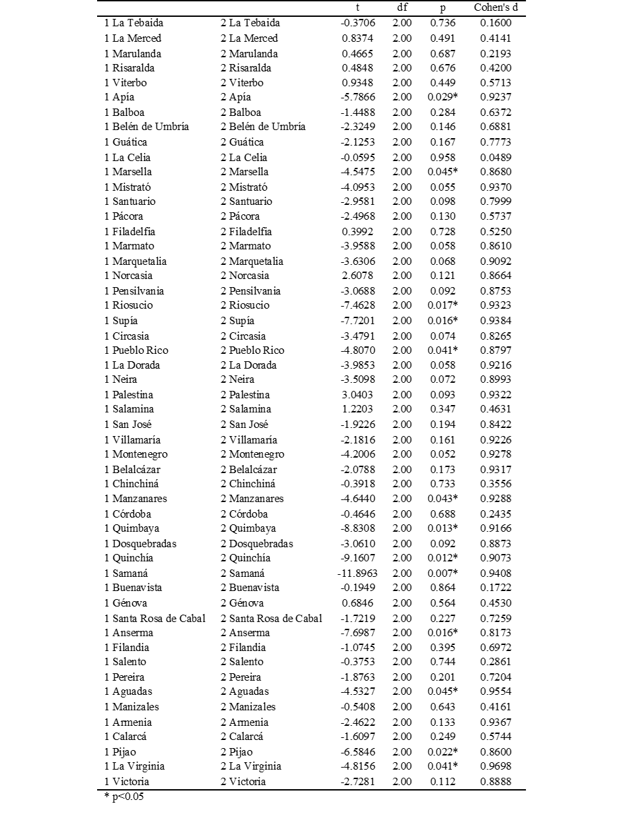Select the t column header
tap(357, 8)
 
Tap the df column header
tap(401, 8)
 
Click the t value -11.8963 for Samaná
tap(357, 574)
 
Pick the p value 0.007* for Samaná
tap(444, 574)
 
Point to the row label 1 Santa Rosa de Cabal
tap(155, 618)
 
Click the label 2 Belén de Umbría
tap(263, 127)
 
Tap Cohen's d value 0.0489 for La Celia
tap(496, 157)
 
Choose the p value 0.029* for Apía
tap(444, 97)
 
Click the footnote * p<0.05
tap(124, 797)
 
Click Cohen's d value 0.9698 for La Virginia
tap(496, 766)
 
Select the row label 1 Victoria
tap(127, 782)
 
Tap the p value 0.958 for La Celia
tap(443, 157)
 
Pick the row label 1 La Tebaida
tap(134, 24)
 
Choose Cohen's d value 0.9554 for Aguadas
tap(496, 691)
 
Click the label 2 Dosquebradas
tap(257, 544)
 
